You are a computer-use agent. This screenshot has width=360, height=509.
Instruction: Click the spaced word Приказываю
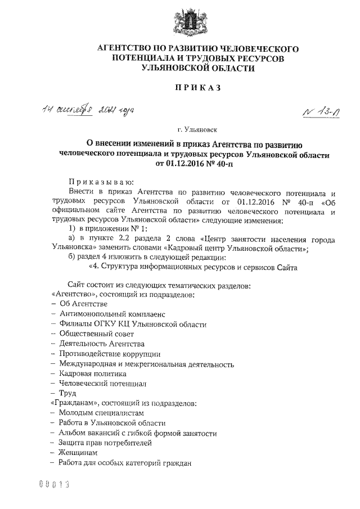(x=97, y=182)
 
